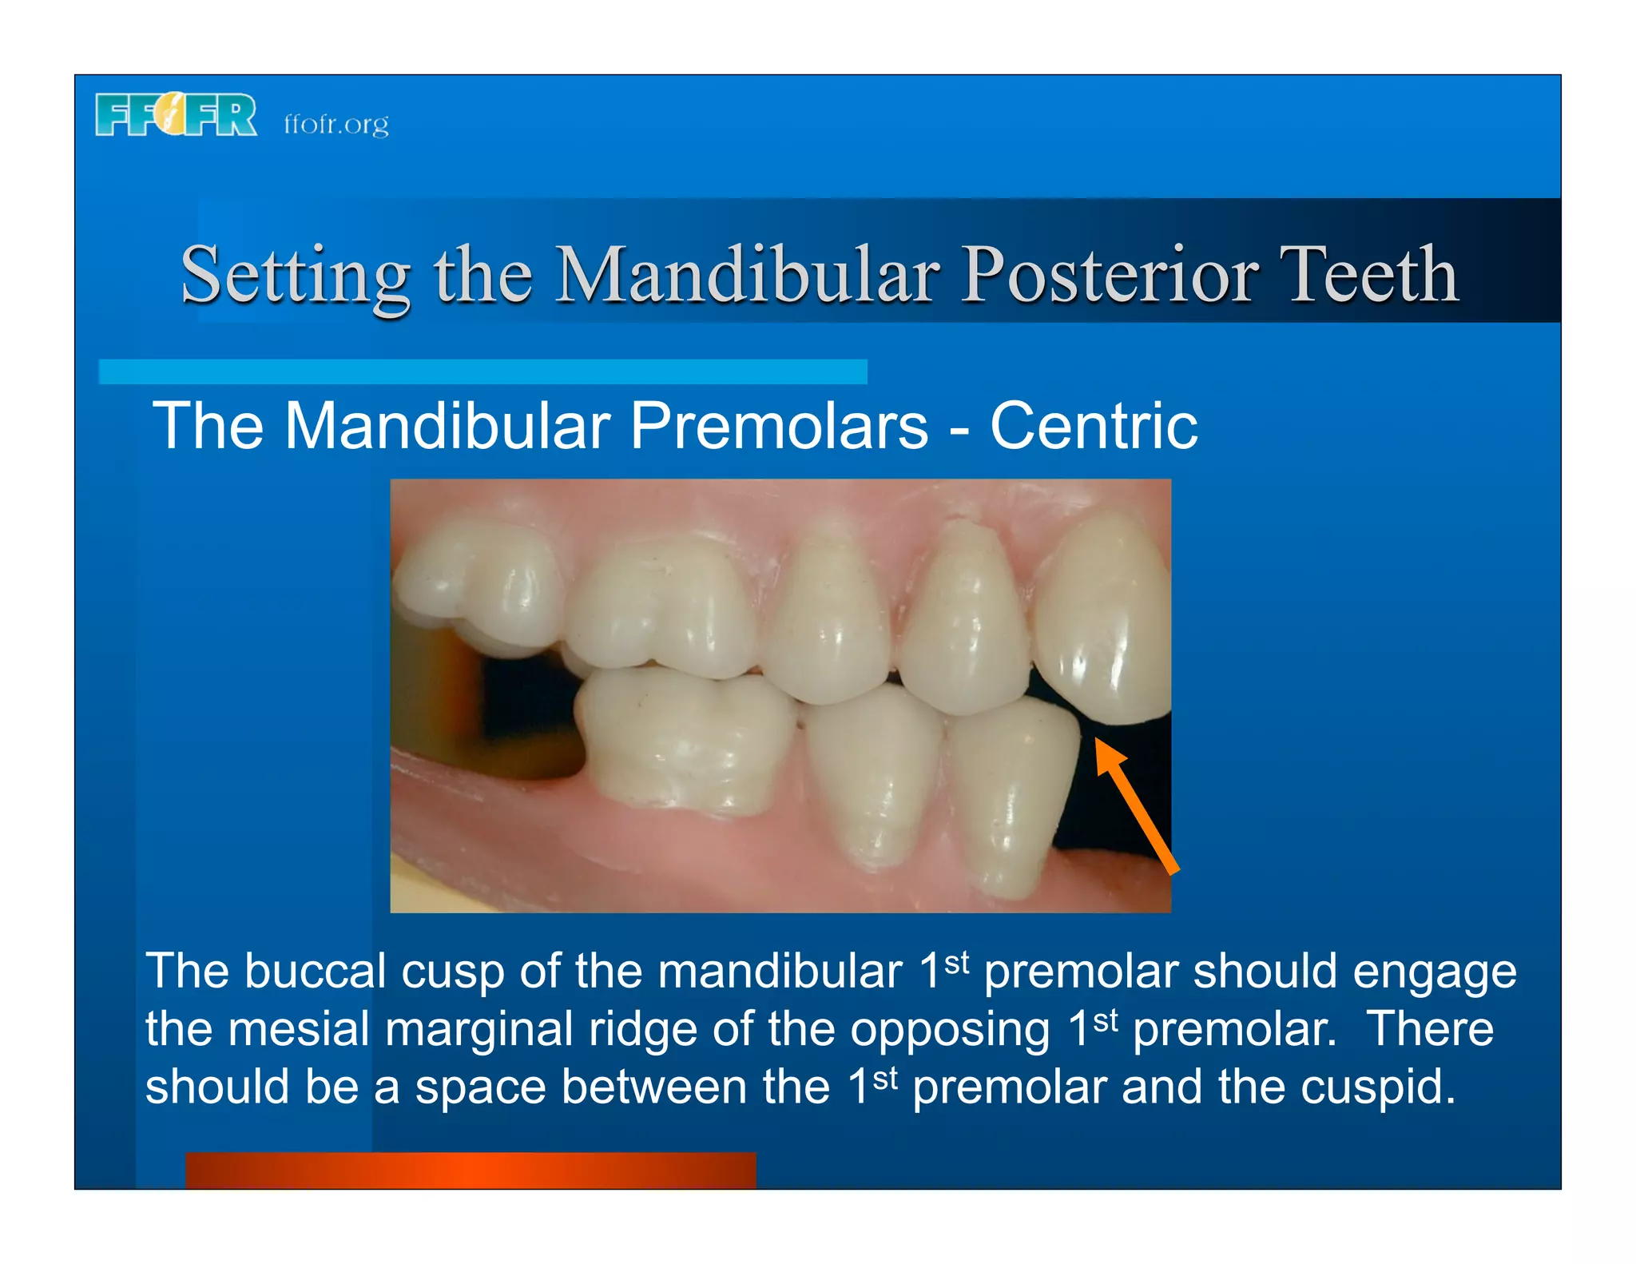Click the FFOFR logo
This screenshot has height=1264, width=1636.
coord(176,115)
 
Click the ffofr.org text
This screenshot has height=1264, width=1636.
coord(336,125)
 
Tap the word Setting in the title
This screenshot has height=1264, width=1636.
coord(295,276)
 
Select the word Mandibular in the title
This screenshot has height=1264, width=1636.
coord(747,276)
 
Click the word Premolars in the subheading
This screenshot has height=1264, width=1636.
coord(779,426)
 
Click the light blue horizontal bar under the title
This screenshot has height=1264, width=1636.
coord(482,372)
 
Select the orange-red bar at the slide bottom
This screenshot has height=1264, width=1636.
coord(471,1170)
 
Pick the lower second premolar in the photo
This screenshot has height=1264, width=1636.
coord(875,775)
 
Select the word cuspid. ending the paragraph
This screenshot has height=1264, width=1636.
coord(1377,1088)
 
